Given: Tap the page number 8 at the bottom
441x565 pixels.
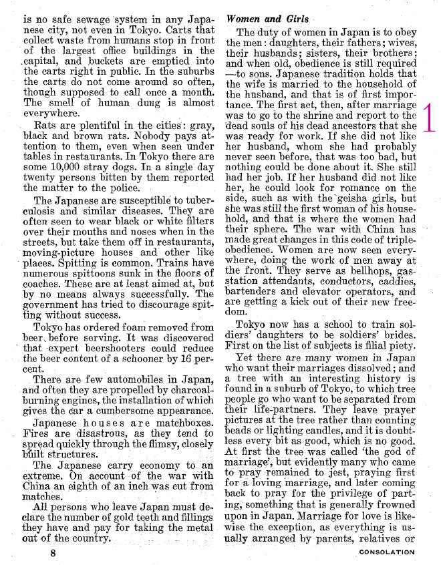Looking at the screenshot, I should point(53,554).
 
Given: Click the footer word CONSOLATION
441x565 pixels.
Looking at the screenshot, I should point(387,552).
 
